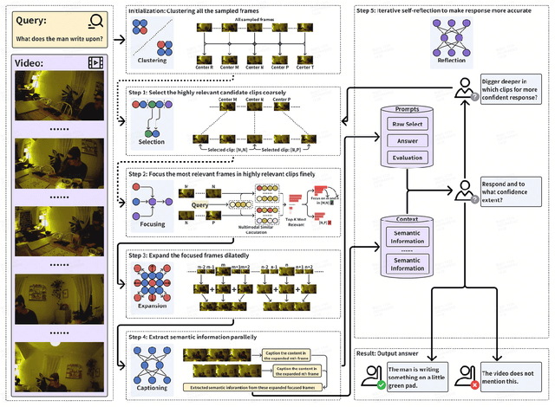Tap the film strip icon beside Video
click(96, 61)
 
